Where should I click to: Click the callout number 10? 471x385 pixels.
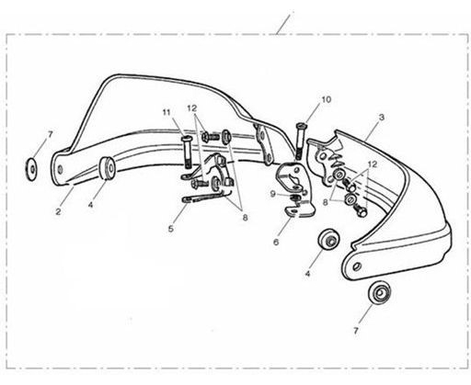(327, 100)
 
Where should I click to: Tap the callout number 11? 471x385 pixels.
(167, 112)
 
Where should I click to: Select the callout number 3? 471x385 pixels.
(382, 117)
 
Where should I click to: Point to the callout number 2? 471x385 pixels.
(58, 211)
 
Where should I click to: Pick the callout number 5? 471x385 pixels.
(171, 229)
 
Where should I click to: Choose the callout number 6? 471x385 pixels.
(276, 243)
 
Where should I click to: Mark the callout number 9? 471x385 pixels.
(273, 194)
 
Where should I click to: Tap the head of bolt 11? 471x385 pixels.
(186, 140)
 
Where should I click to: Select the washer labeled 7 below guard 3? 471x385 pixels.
(380, 292)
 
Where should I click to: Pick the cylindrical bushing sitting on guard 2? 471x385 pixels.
(107, 167)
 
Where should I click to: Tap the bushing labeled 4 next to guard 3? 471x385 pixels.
(328, 239)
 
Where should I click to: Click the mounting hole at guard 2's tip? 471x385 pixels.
(60, 169)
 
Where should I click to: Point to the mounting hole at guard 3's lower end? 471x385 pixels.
(356, 266)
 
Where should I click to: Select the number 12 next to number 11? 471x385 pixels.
(192, 108)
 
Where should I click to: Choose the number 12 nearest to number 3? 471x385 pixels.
(373, 164)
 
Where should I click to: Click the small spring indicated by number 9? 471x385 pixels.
(294, 198)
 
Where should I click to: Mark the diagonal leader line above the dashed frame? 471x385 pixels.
(282, 25)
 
